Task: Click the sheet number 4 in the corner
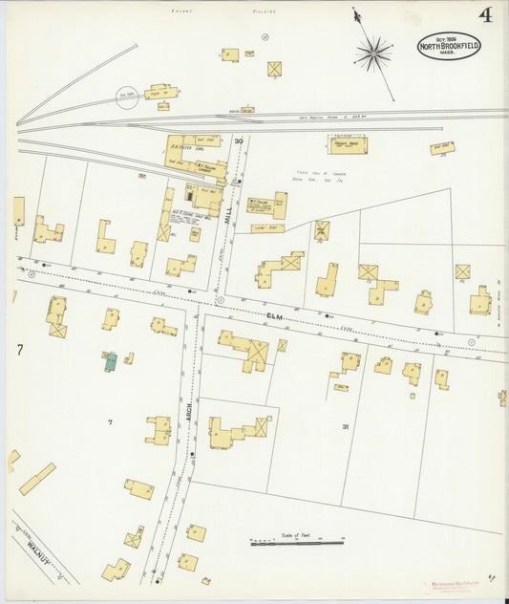[486, 15]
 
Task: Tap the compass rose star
[373, 54]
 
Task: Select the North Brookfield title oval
[449, 46]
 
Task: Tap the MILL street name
[228, 216]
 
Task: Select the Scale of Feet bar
[296, 542]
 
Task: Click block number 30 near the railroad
[239, 142]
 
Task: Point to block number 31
[346, 426]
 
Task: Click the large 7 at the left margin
[19, 350]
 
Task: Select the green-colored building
[111, 361]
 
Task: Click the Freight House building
[347, 145]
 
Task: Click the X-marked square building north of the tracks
[275, 69]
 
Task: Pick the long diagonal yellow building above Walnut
[37, 479]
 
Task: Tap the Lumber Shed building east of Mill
[267, 227]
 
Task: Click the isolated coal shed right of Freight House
[441, 148]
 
